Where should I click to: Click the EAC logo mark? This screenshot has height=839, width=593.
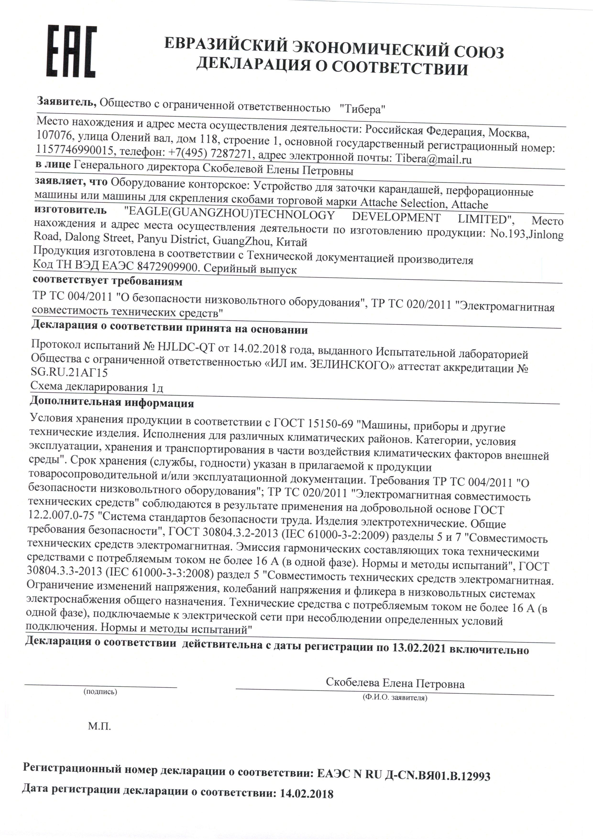click(x=71, y=51)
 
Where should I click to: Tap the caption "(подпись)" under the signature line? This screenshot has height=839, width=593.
click(x=100, y=692)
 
